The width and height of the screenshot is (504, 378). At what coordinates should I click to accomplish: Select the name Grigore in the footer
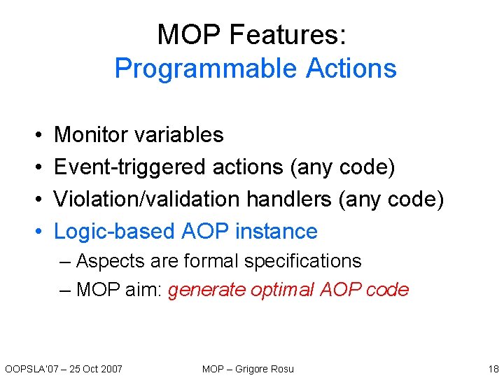tap(254, 368)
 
